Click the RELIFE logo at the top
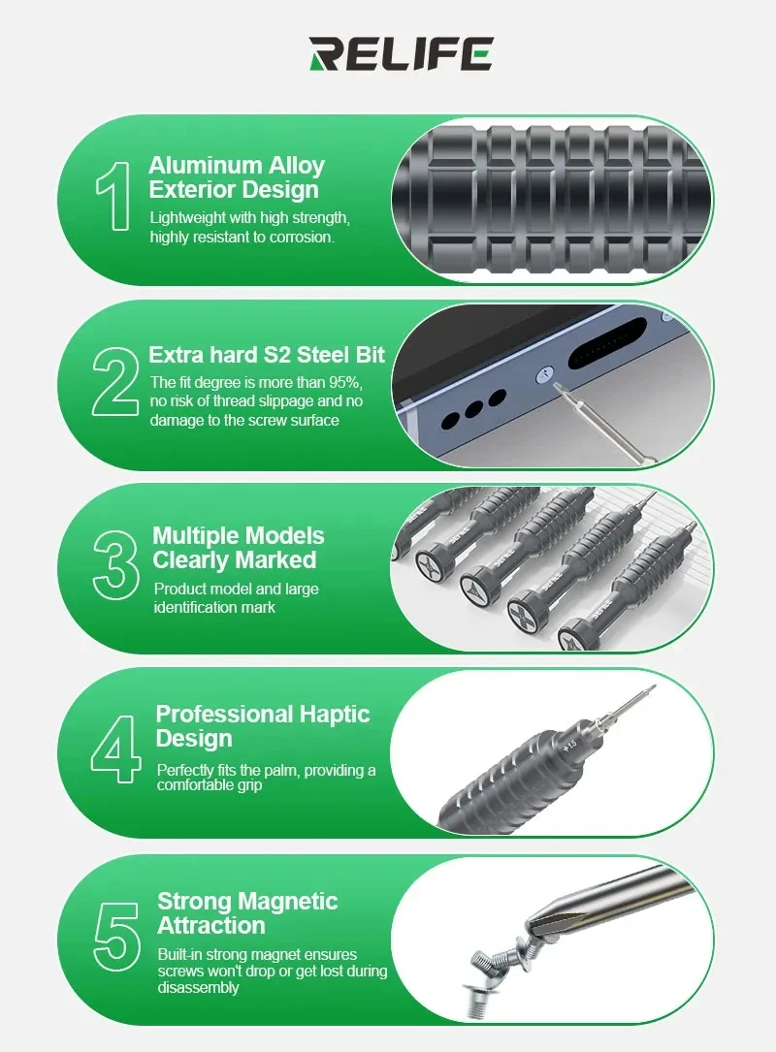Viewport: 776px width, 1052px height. click(x=401, y=53)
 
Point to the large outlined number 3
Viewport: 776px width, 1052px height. click(x=116, y=565)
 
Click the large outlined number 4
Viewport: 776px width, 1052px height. click(x=118, y=750)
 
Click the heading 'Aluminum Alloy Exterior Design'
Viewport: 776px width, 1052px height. click(x=236, y=177)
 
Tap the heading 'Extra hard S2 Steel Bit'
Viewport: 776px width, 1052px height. click(x=267, y=355)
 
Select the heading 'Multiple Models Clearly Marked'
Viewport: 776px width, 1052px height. click(x=238, y=548)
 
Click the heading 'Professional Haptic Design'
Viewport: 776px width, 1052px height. click(x=262, y=726)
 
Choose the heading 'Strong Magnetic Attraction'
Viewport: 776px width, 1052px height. click(x=247, y=913)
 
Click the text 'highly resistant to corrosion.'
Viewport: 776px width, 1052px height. click(x=242, y=238)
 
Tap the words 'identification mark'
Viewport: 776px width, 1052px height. click(x=214, y=607)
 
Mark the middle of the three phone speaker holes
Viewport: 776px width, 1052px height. click(x=473, y=409)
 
